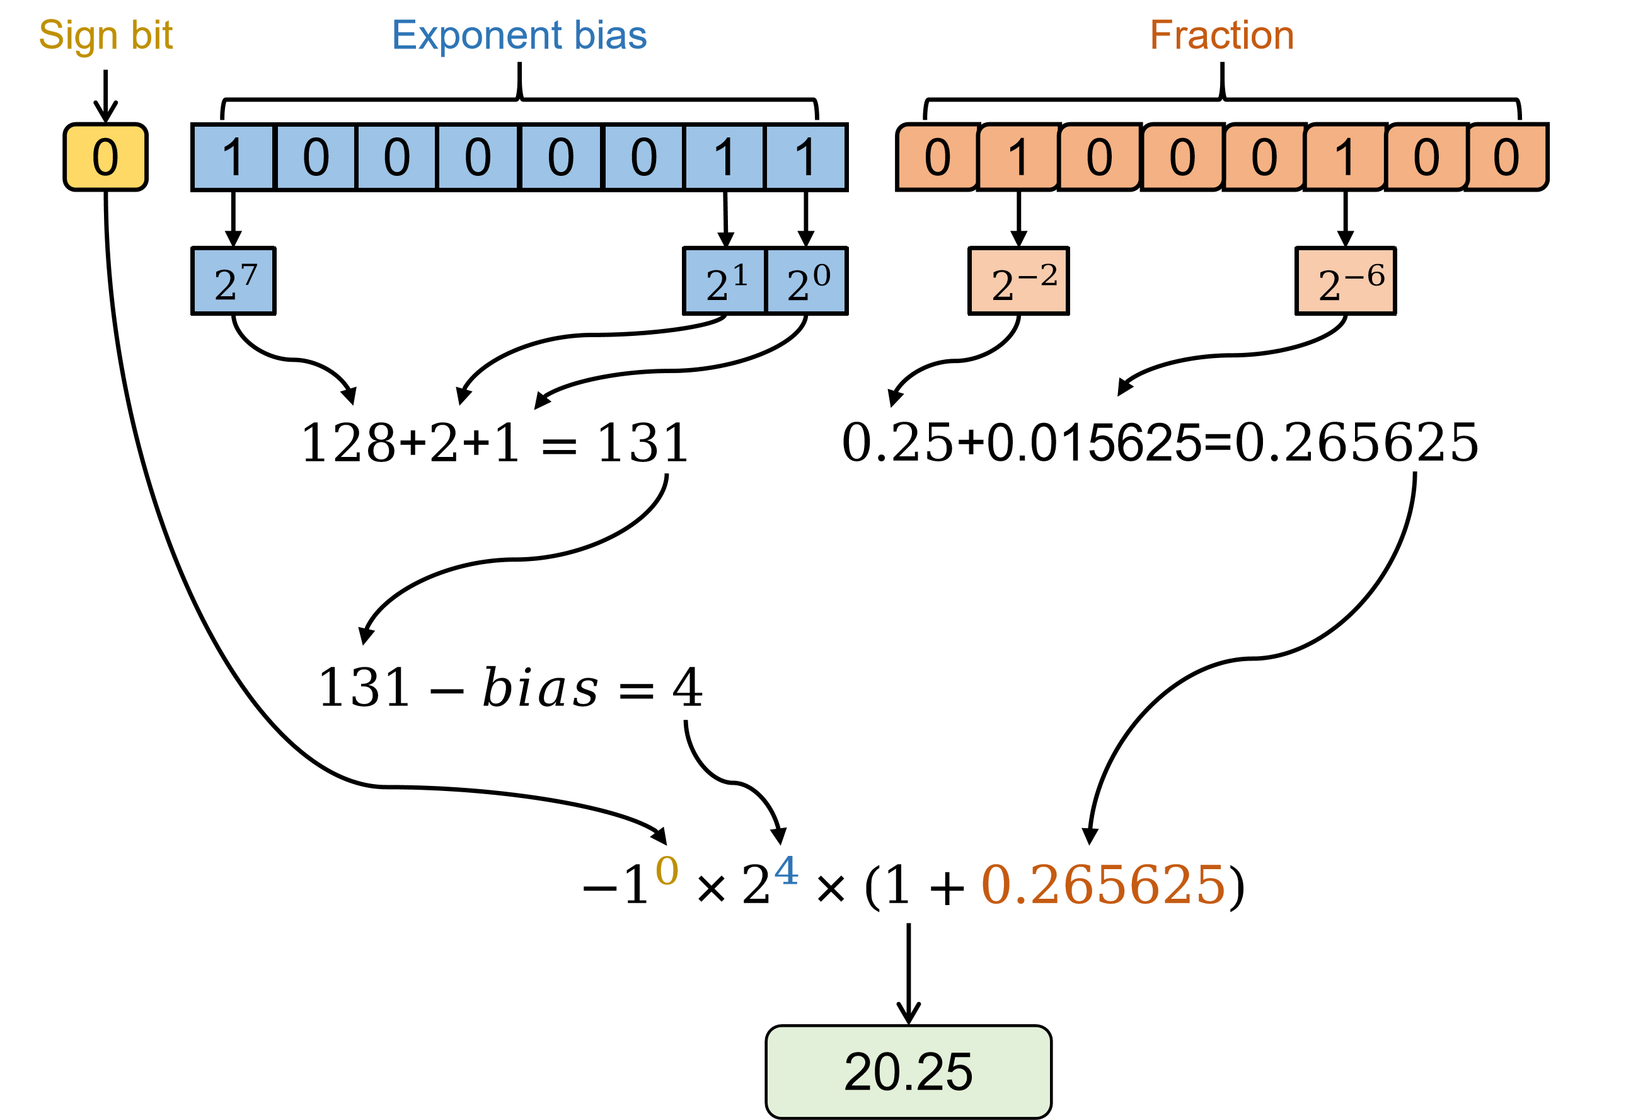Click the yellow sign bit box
[105, 156]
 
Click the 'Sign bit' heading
[105, 35]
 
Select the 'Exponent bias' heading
[519, 35]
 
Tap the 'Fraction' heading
[1221, 35]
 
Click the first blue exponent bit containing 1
[233, 156]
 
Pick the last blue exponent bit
[805, 156]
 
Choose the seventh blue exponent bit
[724, 156]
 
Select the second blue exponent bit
[316, 156]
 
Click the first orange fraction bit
[938, 156]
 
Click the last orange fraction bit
[1507, 156]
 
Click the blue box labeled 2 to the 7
[233, 280]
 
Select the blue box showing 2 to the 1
[725, 280]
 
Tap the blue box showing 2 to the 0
[806, 280]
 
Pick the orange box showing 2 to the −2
[1018, 280]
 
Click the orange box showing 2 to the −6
[1346, 280]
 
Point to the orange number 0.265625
[1102, 884]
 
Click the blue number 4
[786, 870]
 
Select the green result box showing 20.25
[908, 1071]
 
